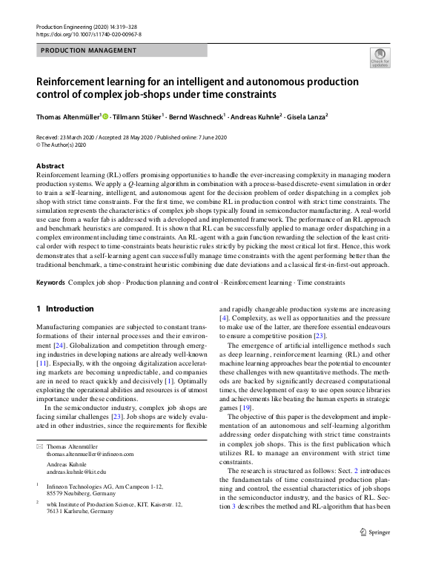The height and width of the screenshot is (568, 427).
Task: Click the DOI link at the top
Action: pos(88,34)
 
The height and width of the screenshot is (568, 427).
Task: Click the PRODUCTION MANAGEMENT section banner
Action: pos(89,50)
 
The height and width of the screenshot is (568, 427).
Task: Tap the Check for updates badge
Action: pos(380,58)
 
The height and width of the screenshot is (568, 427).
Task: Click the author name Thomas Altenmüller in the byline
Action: pos(68,117)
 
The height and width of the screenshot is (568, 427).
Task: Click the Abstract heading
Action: pos(50,166)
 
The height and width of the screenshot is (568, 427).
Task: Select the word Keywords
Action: pos(50,283)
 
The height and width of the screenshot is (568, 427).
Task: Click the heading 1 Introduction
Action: pos(65,308)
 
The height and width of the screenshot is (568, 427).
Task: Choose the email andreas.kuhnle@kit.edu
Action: pos(76,472)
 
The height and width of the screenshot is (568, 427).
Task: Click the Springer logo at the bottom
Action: pos(375,552)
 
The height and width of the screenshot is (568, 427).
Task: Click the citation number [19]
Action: pos(245,408)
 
